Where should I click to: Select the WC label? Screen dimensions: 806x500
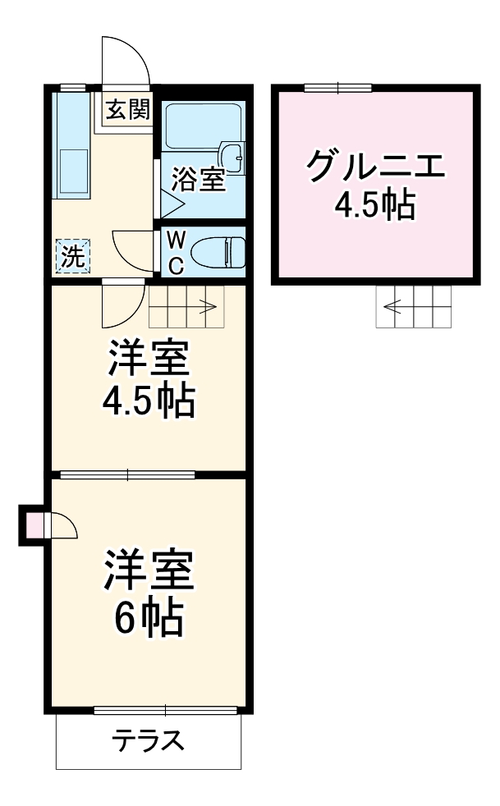tap(176, 252)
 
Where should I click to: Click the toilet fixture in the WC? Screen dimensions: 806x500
tap(218, 252)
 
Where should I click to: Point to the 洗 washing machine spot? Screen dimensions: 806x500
tap(73, 255)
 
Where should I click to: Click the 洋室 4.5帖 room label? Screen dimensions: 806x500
tap(148, 379)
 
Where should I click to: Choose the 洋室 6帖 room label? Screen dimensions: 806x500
tap(148, 593)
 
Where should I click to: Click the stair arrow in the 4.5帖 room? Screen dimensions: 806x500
tap(205, 309)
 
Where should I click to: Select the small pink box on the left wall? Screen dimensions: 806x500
tap(35, 525)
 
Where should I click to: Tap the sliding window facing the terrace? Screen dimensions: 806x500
tap(164, 710)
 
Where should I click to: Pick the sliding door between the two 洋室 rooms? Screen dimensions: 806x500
tap(127, 474)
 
